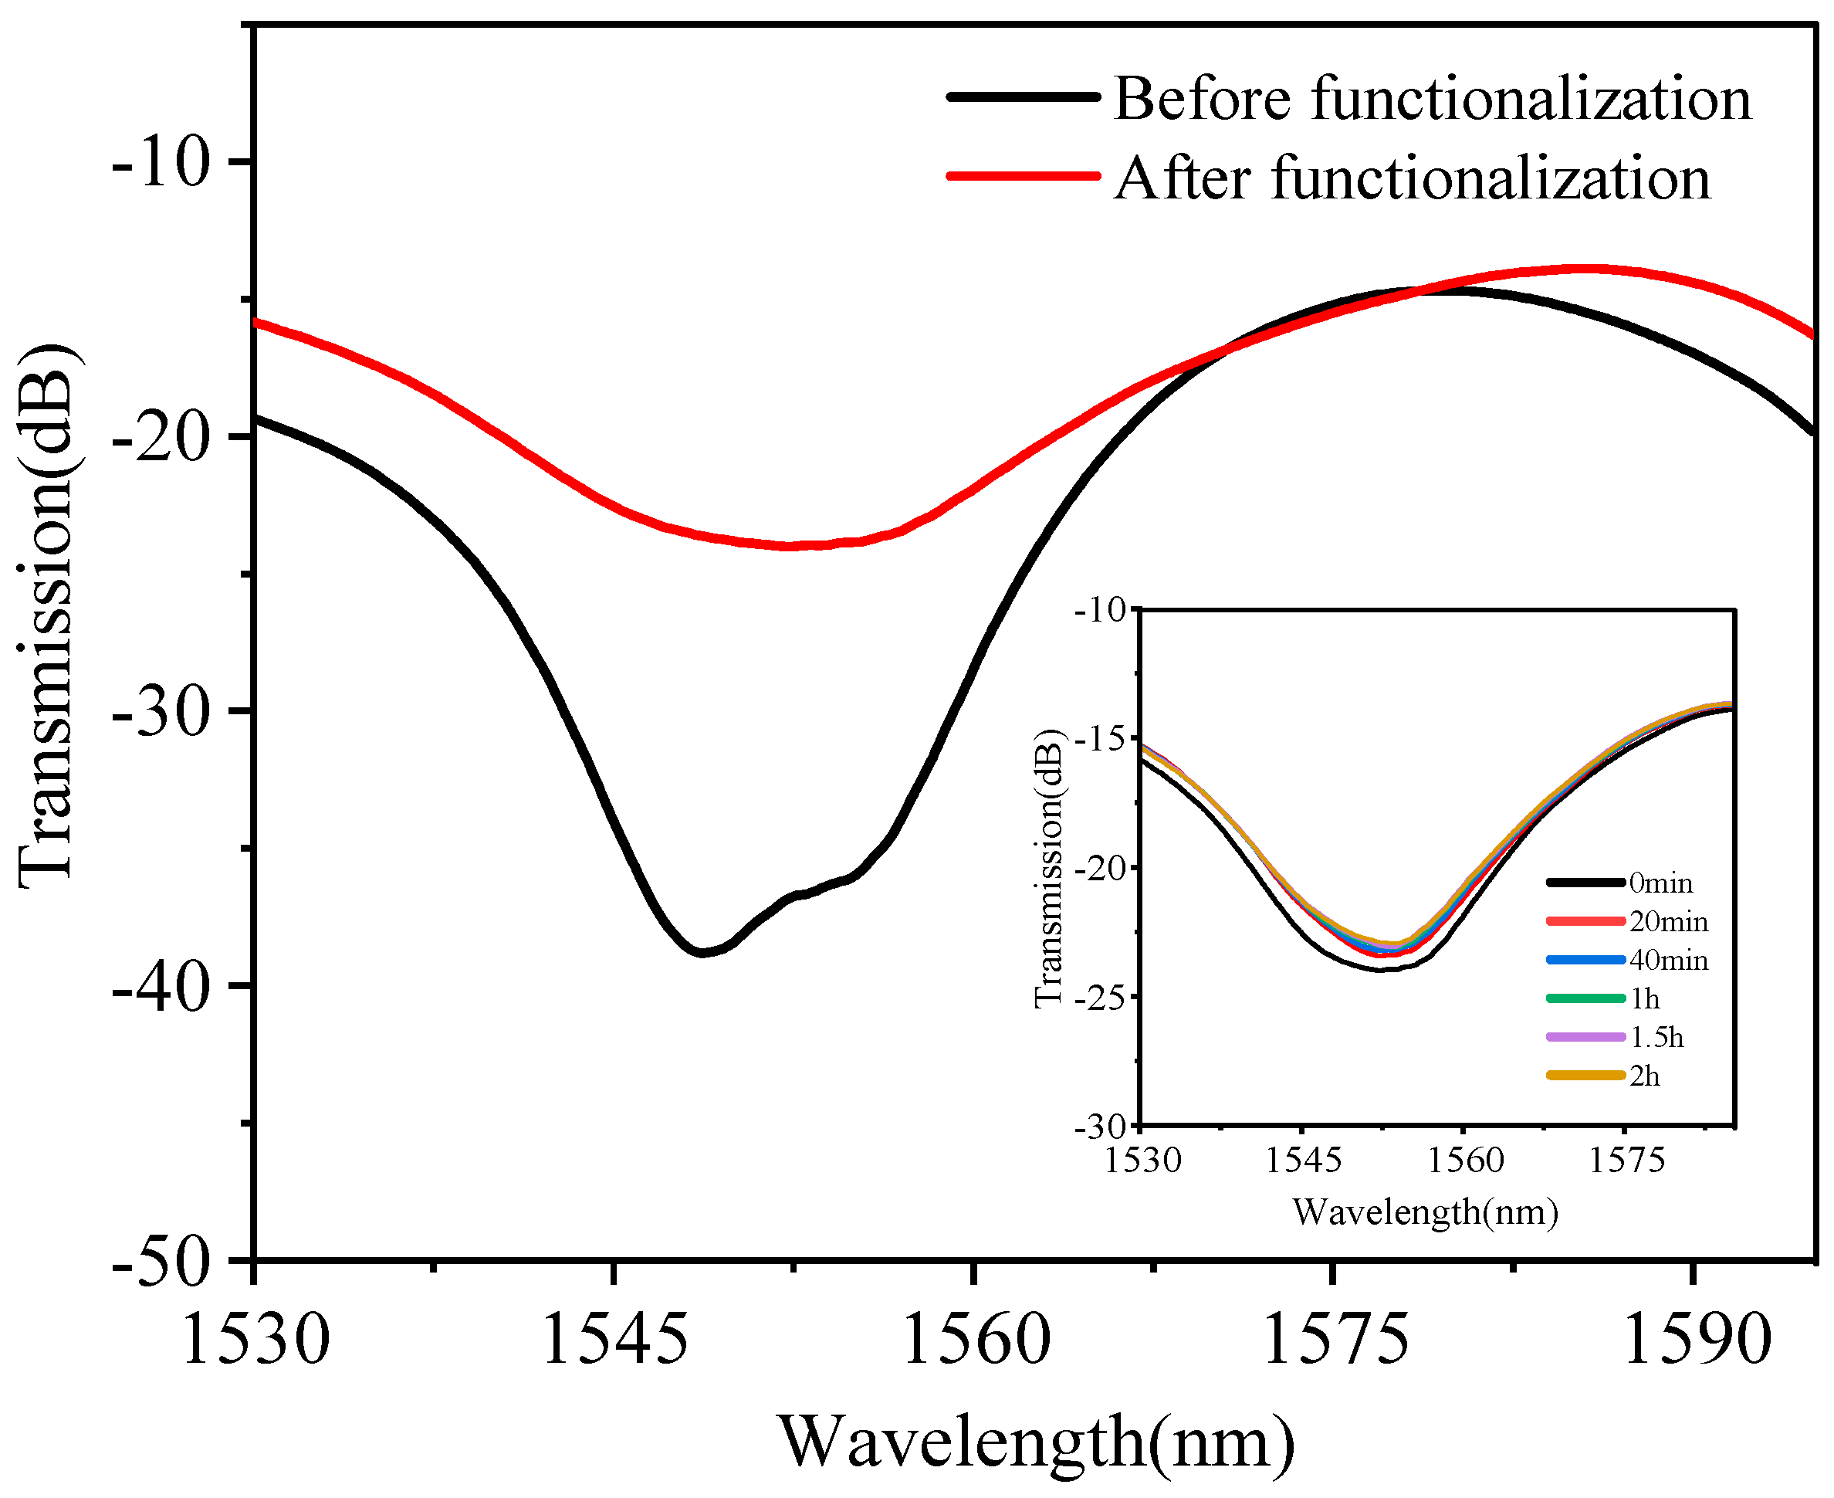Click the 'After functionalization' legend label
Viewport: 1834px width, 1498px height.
click(1411, 178)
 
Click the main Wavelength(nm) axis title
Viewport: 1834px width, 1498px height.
click(1037, 1441)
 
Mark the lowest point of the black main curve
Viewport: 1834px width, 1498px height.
click(703, 953)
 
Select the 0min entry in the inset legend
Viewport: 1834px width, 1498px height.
click(1660, 883)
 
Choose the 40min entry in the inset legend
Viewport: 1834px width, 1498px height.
click(1668, 960)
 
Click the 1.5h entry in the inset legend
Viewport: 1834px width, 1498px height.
click(1656, 1036)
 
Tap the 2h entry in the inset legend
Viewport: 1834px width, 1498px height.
click(1644, 1076)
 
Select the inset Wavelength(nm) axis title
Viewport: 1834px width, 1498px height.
click(1425, 1212)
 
